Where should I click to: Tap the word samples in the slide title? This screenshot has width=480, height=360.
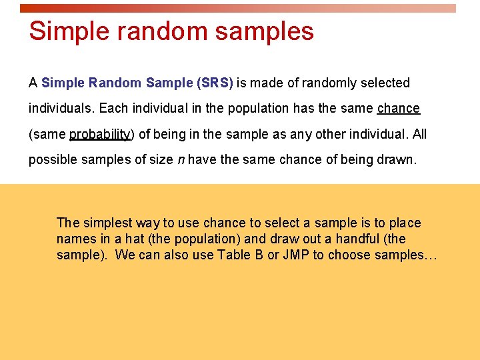click(x=267, y=31)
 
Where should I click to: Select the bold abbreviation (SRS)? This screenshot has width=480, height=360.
click(x=215, y=83)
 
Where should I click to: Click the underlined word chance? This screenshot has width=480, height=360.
click(x=398, y=109)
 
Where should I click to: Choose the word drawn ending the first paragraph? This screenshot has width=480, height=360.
click(x=395, y=160)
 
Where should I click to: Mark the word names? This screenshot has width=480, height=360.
click(x=76, y=239)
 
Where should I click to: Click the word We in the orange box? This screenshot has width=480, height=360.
click(x=125, y=255)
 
